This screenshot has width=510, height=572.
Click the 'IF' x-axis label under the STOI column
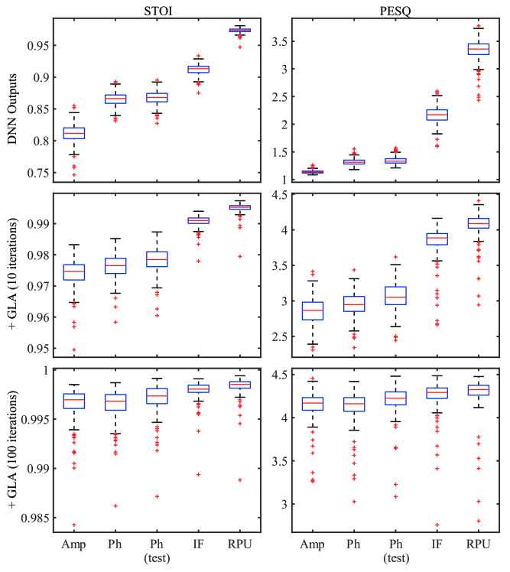tap(199, 545)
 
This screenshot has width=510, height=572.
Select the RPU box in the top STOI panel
tap(240, 30)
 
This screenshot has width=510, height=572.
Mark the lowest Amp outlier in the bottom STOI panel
tap(74, 525)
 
